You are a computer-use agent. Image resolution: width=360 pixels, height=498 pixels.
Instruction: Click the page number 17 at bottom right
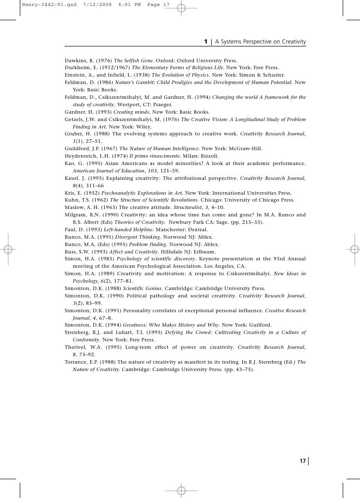coord(302,461)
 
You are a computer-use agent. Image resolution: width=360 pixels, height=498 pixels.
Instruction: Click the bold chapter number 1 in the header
coord(206,41)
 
